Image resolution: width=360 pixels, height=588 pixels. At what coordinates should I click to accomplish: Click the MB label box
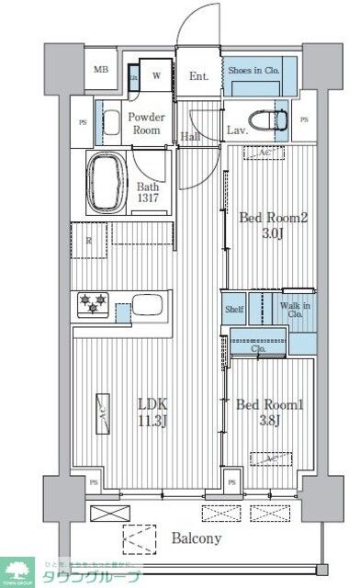pyautogui.click(x=100, y=70)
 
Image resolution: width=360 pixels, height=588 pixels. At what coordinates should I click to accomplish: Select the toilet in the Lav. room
pyautogui.click(x=273, y=119)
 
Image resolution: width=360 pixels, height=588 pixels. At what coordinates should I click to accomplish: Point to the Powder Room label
pyautogui.click(x=145, y=123)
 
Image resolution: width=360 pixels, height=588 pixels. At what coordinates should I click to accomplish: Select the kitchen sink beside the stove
pyautogui.click(x=147, y=305)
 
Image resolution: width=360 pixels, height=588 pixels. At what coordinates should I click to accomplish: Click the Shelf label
pyautogui.click(x=235, y=310)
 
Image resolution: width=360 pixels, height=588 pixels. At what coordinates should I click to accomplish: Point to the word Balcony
pyautogui.click(x=195, y=538)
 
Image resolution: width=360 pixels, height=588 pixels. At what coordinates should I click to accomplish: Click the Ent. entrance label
pyautogui.click(x=200, y=77)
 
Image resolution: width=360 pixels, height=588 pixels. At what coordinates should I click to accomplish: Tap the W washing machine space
pyautogui.click(x=157, y=75)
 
